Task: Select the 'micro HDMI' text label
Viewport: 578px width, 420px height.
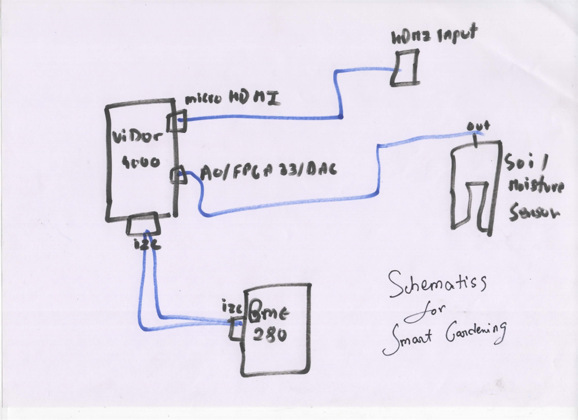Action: click(232, 99)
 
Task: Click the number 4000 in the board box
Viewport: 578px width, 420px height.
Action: click(141, 162)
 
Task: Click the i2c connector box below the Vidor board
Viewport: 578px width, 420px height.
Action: click(143, 224)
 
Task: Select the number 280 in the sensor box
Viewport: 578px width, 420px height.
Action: click(271, 334)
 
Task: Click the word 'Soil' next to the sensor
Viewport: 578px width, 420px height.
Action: click(528, 164)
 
